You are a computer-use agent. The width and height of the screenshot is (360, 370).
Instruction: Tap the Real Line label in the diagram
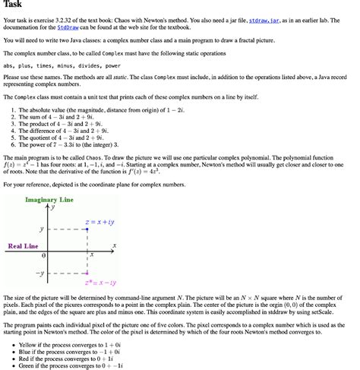pos(23,246)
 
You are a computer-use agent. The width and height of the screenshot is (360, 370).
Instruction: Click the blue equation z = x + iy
pos(99,220)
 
